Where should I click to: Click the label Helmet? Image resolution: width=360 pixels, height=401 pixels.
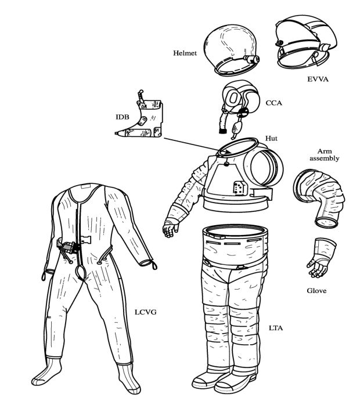[x=185, y=53]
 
